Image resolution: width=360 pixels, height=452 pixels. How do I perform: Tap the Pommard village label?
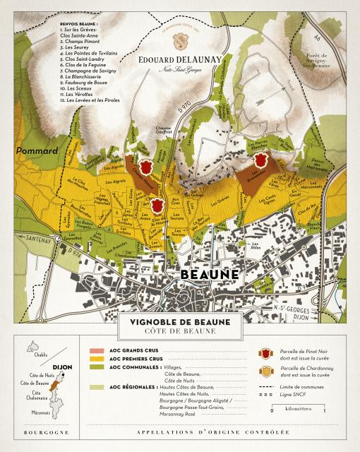tap(32, 150)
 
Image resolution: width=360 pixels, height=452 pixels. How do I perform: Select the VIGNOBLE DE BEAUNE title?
tap(179, 321)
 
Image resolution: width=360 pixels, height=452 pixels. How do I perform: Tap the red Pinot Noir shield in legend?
tap(266, 353)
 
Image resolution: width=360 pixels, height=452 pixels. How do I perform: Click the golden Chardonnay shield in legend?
tap(266, 372)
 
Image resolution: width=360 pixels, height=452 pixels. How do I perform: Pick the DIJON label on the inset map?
tap(62, 367)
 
